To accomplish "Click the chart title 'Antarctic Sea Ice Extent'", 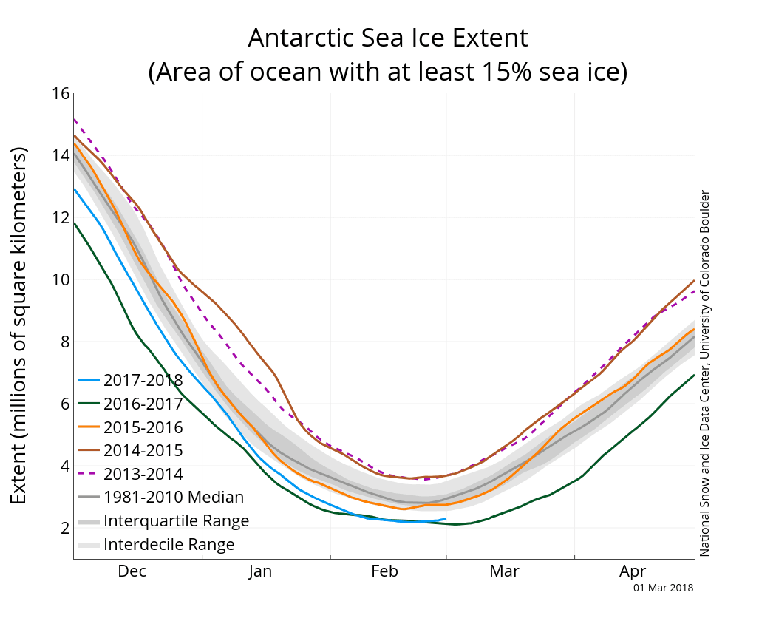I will pyautogui.click(x=388, y=38).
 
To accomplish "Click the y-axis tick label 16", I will pyautogui.click(x=60, y=94).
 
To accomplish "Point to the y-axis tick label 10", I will pyautogui.click(x=60, y=280).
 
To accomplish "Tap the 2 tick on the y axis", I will pyautogui.click(x=64, y=528).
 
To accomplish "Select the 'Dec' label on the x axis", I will pyautogui.click(x=132, y=571).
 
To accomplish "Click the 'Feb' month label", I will pyautogui.click(x=384, y=571).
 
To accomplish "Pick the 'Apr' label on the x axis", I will pyautogui.click(x=633, y=571).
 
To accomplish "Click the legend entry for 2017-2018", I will pyautogui.click(x=143, y=381).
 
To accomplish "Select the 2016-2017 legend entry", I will pyautogui.click(x=143, y=404).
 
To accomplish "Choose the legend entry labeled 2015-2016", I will pyautogui.click(x=143, y=427).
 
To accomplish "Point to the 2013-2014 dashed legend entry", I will pyautogui.click(x=143, y=474).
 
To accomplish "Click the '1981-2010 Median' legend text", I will pyautogui.click(x=174, y=498).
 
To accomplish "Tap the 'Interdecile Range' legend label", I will pyautogui.click(x=169, y=545).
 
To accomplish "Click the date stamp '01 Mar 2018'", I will pyautogui.click(x=663, y=588).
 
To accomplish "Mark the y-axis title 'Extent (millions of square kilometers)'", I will pyautogui.click(x=19, y=325).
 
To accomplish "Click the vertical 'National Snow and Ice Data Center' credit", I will pyautogui.click(x=704, y=373).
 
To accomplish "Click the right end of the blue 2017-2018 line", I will pyautogui.click(x=446, y=519).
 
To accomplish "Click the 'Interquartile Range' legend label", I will pyautogui.click(x=176, y=521).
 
